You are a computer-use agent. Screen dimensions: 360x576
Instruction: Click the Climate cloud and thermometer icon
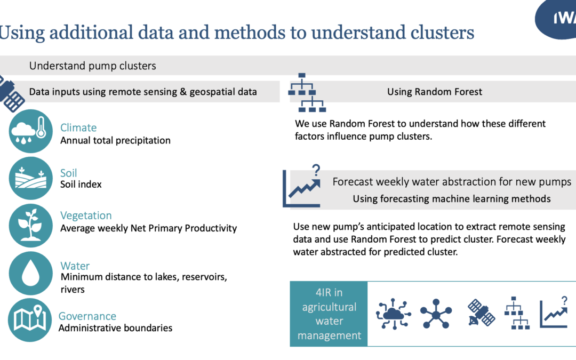(30, 131)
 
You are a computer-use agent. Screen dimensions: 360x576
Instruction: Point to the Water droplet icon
(30, 273)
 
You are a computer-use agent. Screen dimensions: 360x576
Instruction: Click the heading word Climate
(78, 127)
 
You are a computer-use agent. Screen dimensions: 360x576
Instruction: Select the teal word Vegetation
(86, 215)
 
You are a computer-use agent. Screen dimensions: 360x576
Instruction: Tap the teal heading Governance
(87, 316)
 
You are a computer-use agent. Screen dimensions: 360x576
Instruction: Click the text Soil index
(81, 185)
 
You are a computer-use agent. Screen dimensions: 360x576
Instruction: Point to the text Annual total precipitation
(115, 141)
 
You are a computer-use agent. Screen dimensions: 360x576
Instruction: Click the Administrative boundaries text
(115, 328)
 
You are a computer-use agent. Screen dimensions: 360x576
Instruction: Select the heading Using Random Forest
(434, 92)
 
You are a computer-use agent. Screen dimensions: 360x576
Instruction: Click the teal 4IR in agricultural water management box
(329, 314)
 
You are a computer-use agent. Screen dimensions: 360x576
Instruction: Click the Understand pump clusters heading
(93, 66)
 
